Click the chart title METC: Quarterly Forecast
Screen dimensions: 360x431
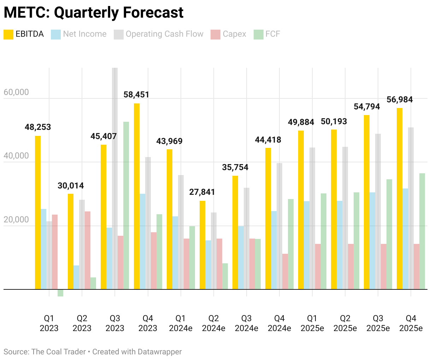click(94, 13)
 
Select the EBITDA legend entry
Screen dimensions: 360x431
click(24, 34)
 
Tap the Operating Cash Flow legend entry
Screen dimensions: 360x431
click(159, 34)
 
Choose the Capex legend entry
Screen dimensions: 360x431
click(228, 34)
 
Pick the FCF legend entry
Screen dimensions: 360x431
click(267, 34)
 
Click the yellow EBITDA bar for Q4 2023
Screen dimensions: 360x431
click(137, 196)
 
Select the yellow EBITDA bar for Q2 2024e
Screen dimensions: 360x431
click(202, 245)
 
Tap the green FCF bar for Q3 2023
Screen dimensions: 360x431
click(126, 205)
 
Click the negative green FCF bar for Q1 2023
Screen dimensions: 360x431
click(60, 293)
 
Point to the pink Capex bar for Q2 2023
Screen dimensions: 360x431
click(88, 250)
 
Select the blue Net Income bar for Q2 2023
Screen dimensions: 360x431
click(76, 277)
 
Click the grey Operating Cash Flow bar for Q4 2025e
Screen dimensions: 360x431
click(411, 208)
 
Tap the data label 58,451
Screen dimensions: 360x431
click(136, 95)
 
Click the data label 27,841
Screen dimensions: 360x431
click(202, 192)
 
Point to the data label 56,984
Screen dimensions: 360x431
click(400, 100)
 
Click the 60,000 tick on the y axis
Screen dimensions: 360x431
click(16, 92)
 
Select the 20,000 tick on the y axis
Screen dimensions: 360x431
click(16, 220)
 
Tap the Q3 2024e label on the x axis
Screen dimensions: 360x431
click(246, 323)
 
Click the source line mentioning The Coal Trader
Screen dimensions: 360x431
click(93, 352)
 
